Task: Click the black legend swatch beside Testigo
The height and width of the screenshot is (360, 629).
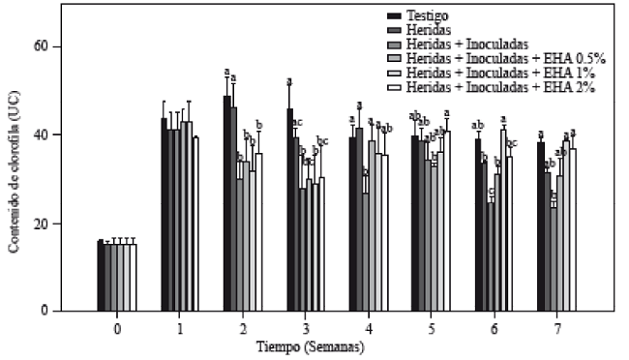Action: (394, 16)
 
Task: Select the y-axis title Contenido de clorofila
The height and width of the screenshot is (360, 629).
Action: (15, 179)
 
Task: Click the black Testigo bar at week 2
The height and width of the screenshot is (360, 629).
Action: (227, 203)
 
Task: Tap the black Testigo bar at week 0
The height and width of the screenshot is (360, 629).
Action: (101, 276)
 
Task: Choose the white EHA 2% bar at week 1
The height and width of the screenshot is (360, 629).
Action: (195, 224)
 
